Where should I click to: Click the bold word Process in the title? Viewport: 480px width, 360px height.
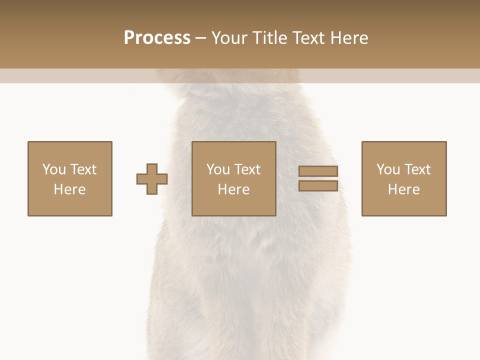tap(157, 37)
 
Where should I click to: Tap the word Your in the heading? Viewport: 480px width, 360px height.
tap(230, 37)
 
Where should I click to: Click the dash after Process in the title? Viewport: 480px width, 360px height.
tap(200, 38)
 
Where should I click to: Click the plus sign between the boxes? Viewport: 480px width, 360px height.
tap(152, 178)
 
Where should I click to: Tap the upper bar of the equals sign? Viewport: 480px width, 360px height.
tap(318, 171)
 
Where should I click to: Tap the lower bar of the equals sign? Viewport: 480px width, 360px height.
tap(318, 186)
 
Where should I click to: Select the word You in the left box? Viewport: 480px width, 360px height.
tap(54, 169)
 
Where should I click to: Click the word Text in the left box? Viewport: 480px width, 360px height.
tap(83, 169)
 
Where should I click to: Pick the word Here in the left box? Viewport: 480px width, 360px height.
tap(69, 189)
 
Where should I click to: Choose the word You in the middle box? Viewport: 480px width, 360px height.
tap(218, 169)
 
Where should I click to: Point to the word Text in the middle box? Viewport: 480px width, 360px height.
tap(247, 169)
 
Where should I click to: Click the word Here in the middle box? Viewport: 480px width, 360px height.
tap(233, 189)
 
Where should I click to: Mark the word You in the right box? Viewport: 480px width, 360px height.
tap(388, 169)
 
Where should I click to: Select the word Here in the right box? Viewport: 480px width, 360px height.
tap(403, 189)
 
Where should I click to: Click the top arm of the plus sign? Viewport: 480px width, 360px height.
tap(152, 168)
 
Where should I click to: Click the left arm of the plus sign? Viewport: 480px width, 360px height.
tap(141, 178)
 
